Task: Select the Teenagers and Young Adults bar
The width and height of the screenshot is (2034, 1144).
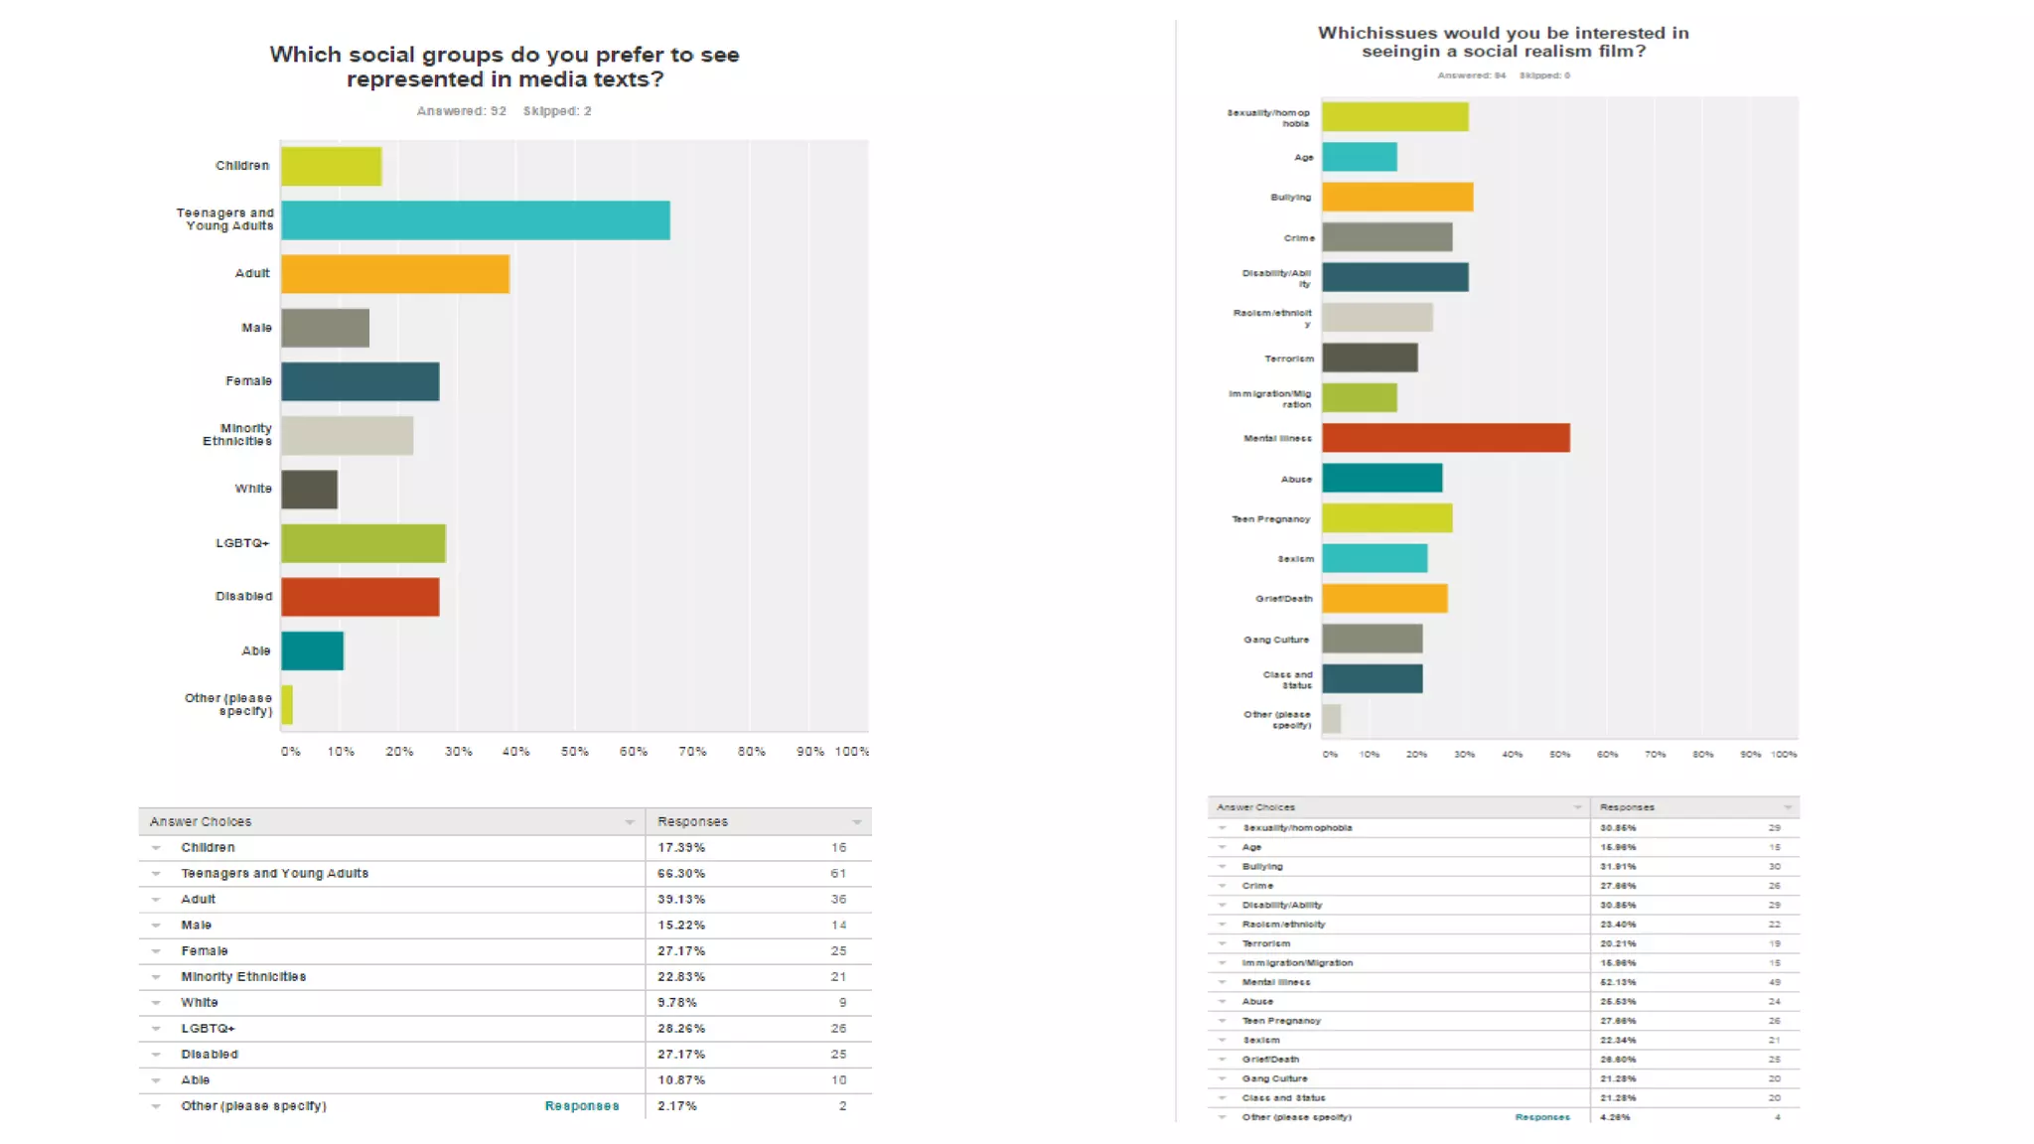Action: click(x=475, y=220)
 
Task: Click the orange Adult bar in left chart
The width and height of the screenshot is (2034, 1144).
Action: click(x=394, y=274)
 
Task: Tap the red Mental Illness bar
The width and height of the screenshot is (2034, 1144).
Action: click(x=1445, y=438)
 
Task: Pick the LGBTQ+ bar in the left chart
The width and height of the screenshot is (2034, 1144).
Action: click(x=363, y=543)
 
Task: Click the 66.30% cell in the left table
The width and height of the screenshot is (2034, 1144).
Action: click(x=681, y=874)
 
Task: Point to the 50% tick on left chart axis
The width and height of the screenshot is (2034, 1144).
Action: click(x=574, y=752)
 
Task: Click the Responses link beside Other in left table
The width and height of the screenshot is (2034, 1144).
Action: click(x=581, y=1106)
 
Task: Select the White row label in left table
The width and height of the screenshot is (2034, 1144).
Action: click(x=200, y=1003)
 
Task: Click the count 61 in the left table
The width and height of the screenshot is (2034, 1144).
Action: click(x=838, y=874)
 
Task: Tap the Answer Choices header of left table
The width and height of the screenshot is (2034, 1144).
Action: click(x=201, y=822)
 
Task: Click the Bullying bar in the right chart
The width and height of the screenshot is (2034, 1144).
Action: click(x=1396, y=197)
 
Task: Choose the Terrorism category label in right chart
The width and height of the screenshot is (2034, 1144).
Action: click(x=1288, y=358)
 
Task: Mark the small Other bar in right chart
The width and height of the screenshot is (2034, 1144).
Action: click(x=1331, y=719)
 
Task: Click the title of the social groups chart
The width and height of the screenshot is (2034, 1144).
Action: click(x=505, y=67)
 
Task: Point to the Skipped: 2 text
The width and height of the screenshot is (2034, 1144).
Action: click(x=557, y=111)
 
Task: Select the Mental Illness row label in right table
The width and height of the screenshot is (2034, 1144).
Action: click(x=1275, y=982)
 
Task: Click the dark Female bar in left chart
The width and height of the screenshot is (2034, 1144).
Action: click(x=360, y=381)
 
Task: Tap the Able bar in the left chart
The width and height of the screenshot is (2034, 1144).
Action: click(x=312, y=651)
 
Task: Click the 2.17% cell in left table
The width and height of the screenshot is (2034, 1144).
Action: click(x=677, y=1106)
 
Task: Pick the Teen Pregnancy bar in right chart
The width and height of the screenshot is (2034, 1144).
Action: click(x=1386, y=518)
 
